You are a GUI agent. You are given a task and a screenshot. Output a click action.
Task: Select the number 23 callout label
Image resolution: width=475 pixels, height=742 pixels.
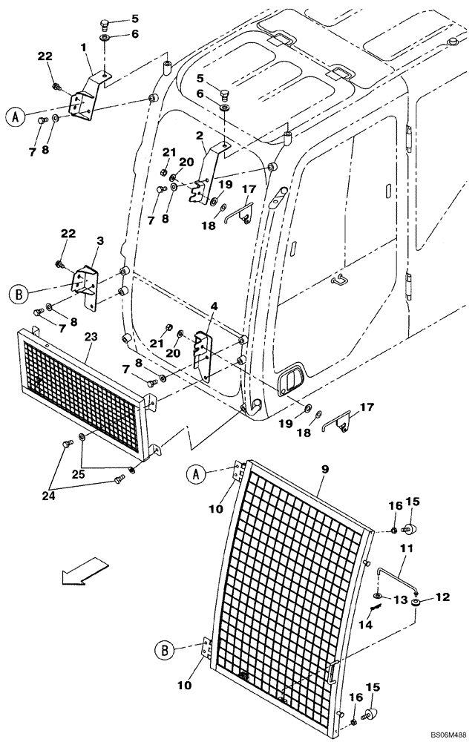90,336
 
